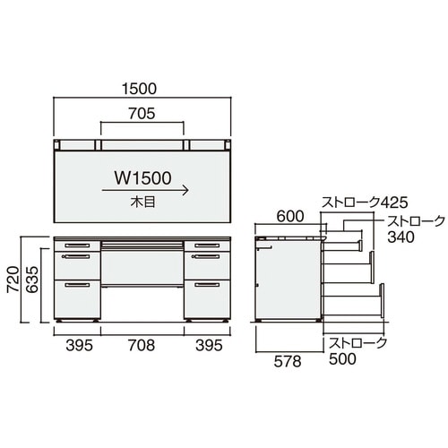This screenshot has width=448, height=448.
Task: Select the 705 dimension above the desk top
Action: (x=142, y=113)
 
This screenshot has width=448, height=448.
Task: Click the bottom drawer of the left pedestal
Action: (x=78, y=298)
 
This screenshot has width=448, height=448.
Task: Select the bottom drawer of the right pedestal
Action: (x=207, y=298)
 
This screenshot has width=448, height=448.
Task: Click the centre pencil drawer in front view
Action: (x=142, y=243)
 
